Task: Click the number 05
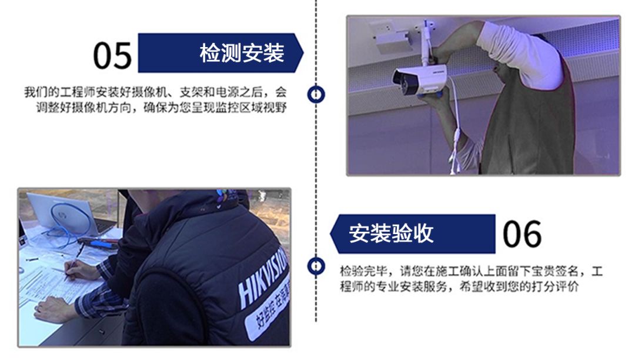112,55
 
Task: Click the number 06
522,234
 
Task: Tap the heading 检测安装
242,53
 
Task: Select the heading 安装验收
391,234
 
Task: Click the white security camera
419,79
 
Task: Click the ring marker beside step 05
316,94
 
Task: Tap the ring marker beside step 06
316,266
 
